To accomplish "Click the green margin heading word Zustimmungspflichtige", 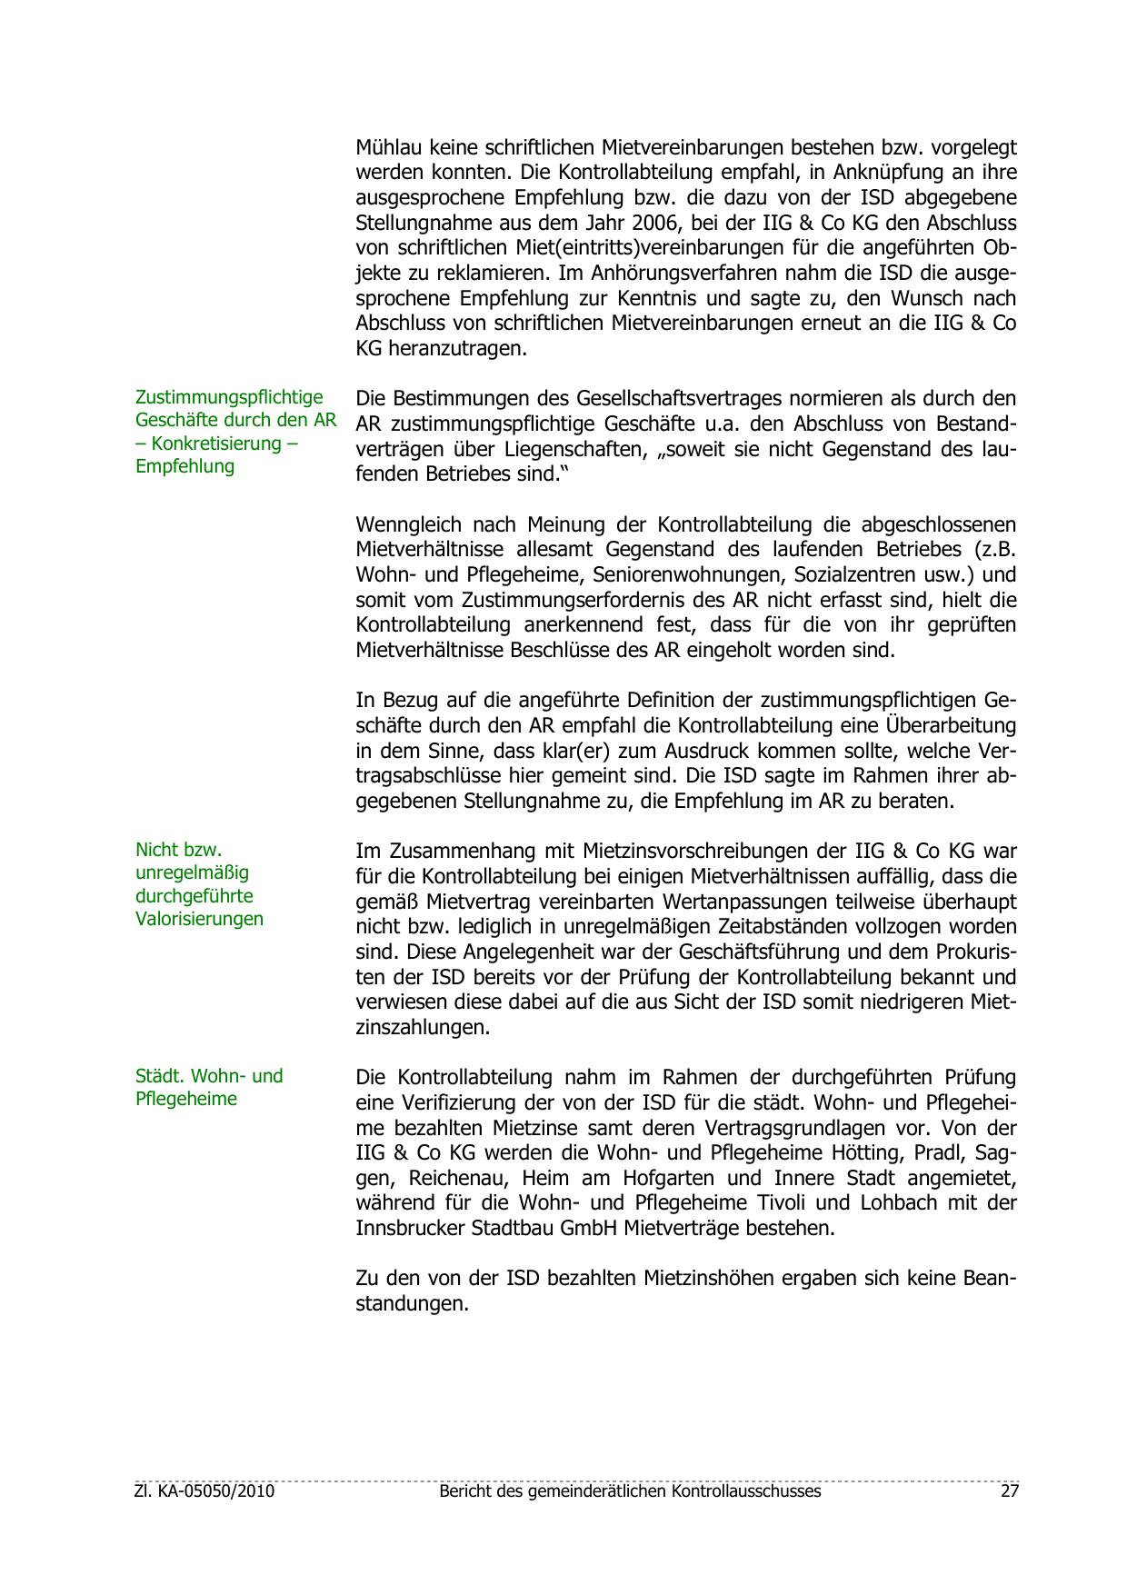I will click(x=229, y=397).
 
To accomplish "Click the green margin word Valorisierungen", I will click(x=199, y=919).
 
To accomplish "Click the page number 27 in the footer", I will click(x=1008, y=1491).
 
